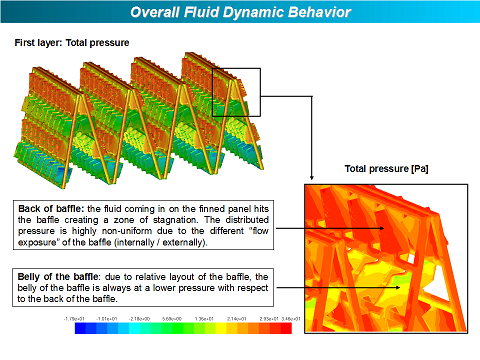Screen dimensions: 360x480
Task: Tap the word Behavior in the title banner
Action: pyautogui.click(x=313, y=13)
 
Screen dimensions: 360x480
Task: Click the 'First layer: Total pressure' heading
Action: pyautogui.click(x=71, y=44)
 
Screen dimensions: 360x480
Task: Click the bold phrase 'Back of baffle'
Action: pyautogui.click(x=52, y=208)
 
